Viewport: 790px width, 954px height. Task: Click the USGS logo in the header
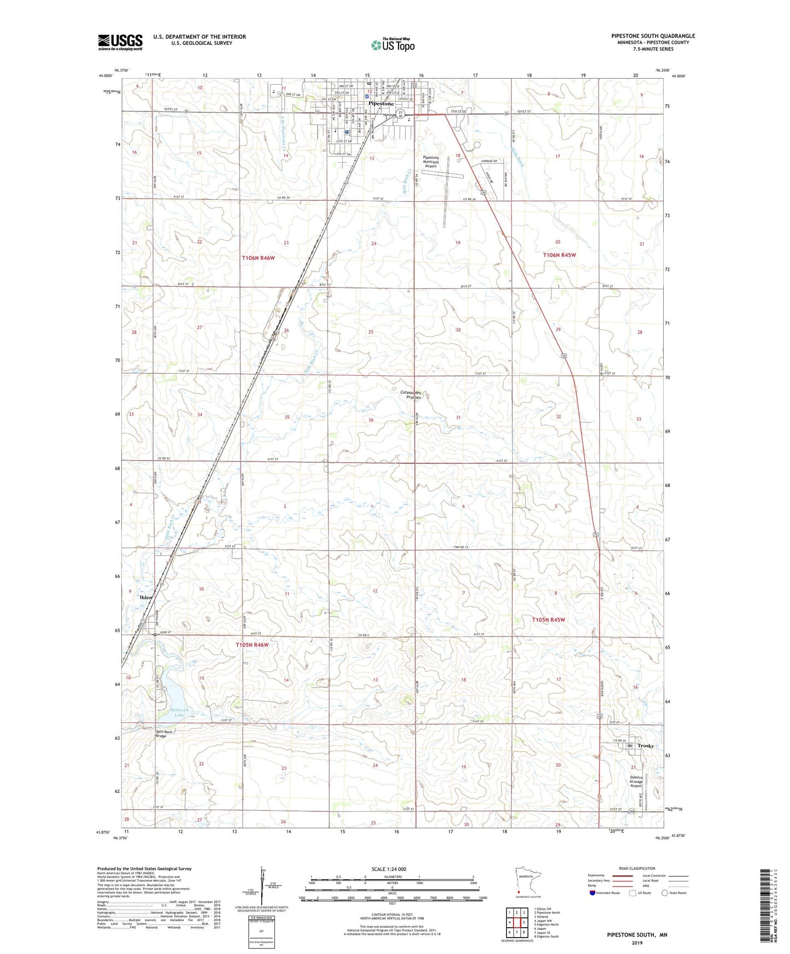pyautogui.click(x=120, y=42)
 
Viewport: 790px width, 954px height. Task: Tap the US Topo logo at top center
pyautogui.click(x=393, y=45)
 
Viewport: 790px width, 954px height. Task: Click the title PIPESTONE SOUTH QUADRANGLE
pyautogui.click(x=653, y=36)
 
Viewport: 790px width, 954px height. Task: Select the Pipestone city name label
pyautogui.click(x=381, y=103)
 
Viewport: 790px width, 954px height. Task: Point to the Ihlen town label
pyautogui.click(x=146, y=597)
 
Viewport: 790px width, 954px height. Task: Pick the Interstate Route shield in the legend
pyautogui.click(x=593, y=893)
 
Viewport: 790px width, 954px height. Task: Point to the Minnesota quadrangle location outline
pyautogui.click(x=527, y=881)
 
